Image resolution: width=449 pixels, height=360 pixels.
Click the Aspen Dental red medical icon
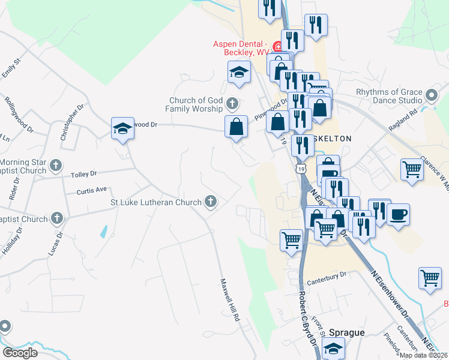277,46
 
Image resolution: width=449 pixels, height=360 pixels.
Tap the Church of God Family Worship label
194,105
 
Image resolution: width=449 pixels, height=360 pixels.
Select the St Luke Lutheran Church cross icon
211,202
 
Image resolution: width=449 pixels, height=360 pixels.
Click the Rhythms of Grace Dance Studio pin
431,96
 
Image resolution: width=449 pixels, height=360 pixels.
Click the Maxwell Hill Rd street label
229,299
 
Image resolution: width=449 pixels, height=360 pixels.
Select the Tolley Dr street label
84,174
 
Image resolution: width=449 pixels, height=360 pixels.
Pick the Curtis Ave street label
91,190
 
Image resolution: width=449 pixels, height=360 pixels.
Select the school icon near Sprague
333,347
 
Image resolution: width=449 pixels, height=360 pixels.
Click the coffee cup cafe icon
399,214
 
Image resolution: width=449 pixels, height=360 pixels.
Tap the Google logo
20,353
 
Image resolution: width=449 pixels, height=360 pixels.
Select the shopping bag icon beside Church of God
237,127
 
